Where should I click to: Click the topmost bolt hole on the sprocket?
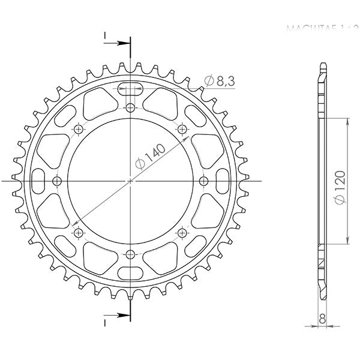click(x=131, y=107)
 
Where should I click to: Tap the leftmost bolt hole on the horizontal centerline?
click(x=57, y=181)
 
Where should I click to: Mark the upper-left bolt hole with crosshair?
click(x=79, y=129)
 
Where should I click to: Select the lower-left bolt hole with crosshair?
click(x=79, y=232)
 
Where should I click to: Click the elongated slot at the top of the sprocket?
click(x=131, y=91)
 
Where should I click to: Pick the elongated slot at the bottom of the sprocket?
click(x=131, y=270)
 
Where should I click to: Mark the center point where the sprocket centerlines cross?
click(x=131, y=181)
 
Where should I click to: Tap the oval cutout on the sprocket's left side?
click(x=39, y=181)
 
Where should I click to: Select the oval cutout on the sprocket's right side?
click(x=222, y=181)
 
